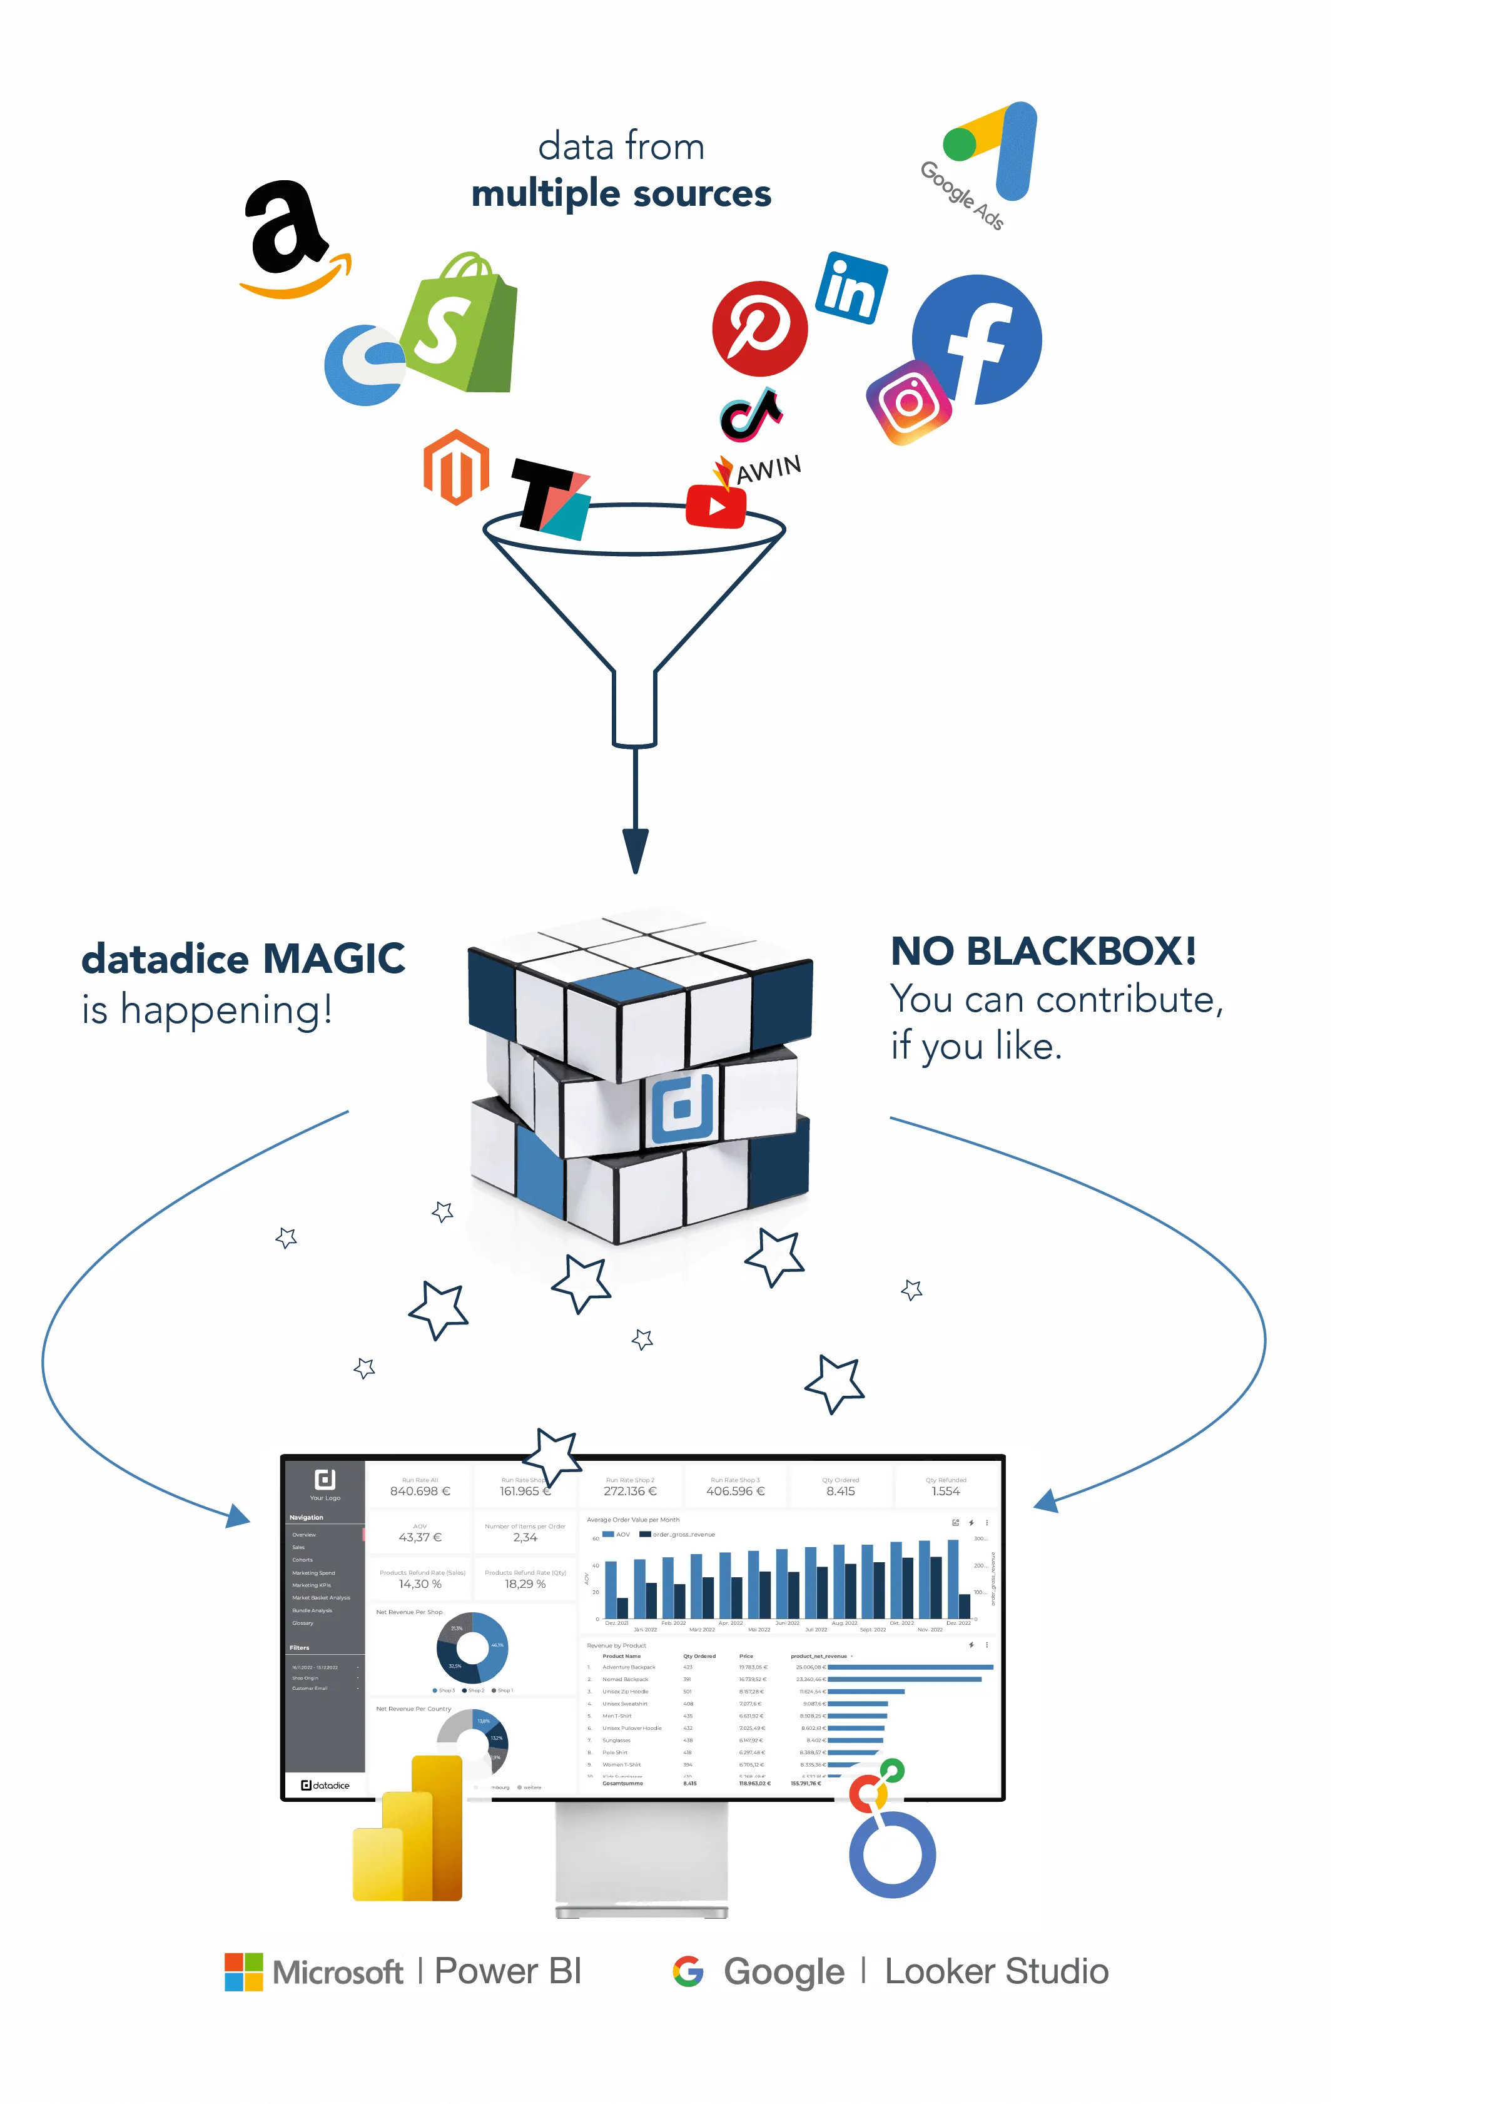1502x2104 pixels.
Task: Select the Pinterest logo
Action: (759, 328)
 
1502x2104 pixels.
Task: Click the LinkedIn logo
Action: (851, 288)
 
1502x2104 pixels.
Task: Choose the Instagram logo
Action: (909, 402)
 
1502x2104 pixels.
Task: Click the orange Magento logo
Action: (456, 467)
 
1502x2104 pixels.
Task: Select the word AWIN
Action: (769, 469)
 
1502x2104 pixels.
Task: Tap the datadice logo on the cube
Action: (682, 1108)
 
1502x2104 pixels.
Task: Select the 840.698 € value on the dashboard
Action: (420, 1491)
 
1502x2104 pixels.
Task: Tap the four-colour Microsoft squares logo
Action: (243, 1972)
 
